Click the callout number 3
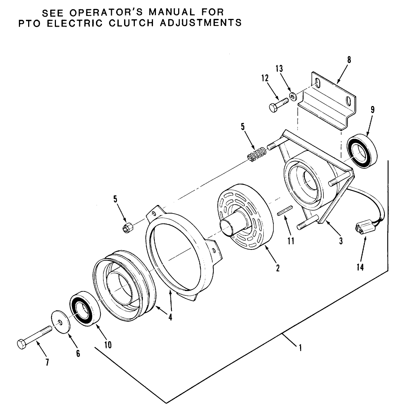[340, 241]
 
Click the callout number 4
[170, 317]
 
